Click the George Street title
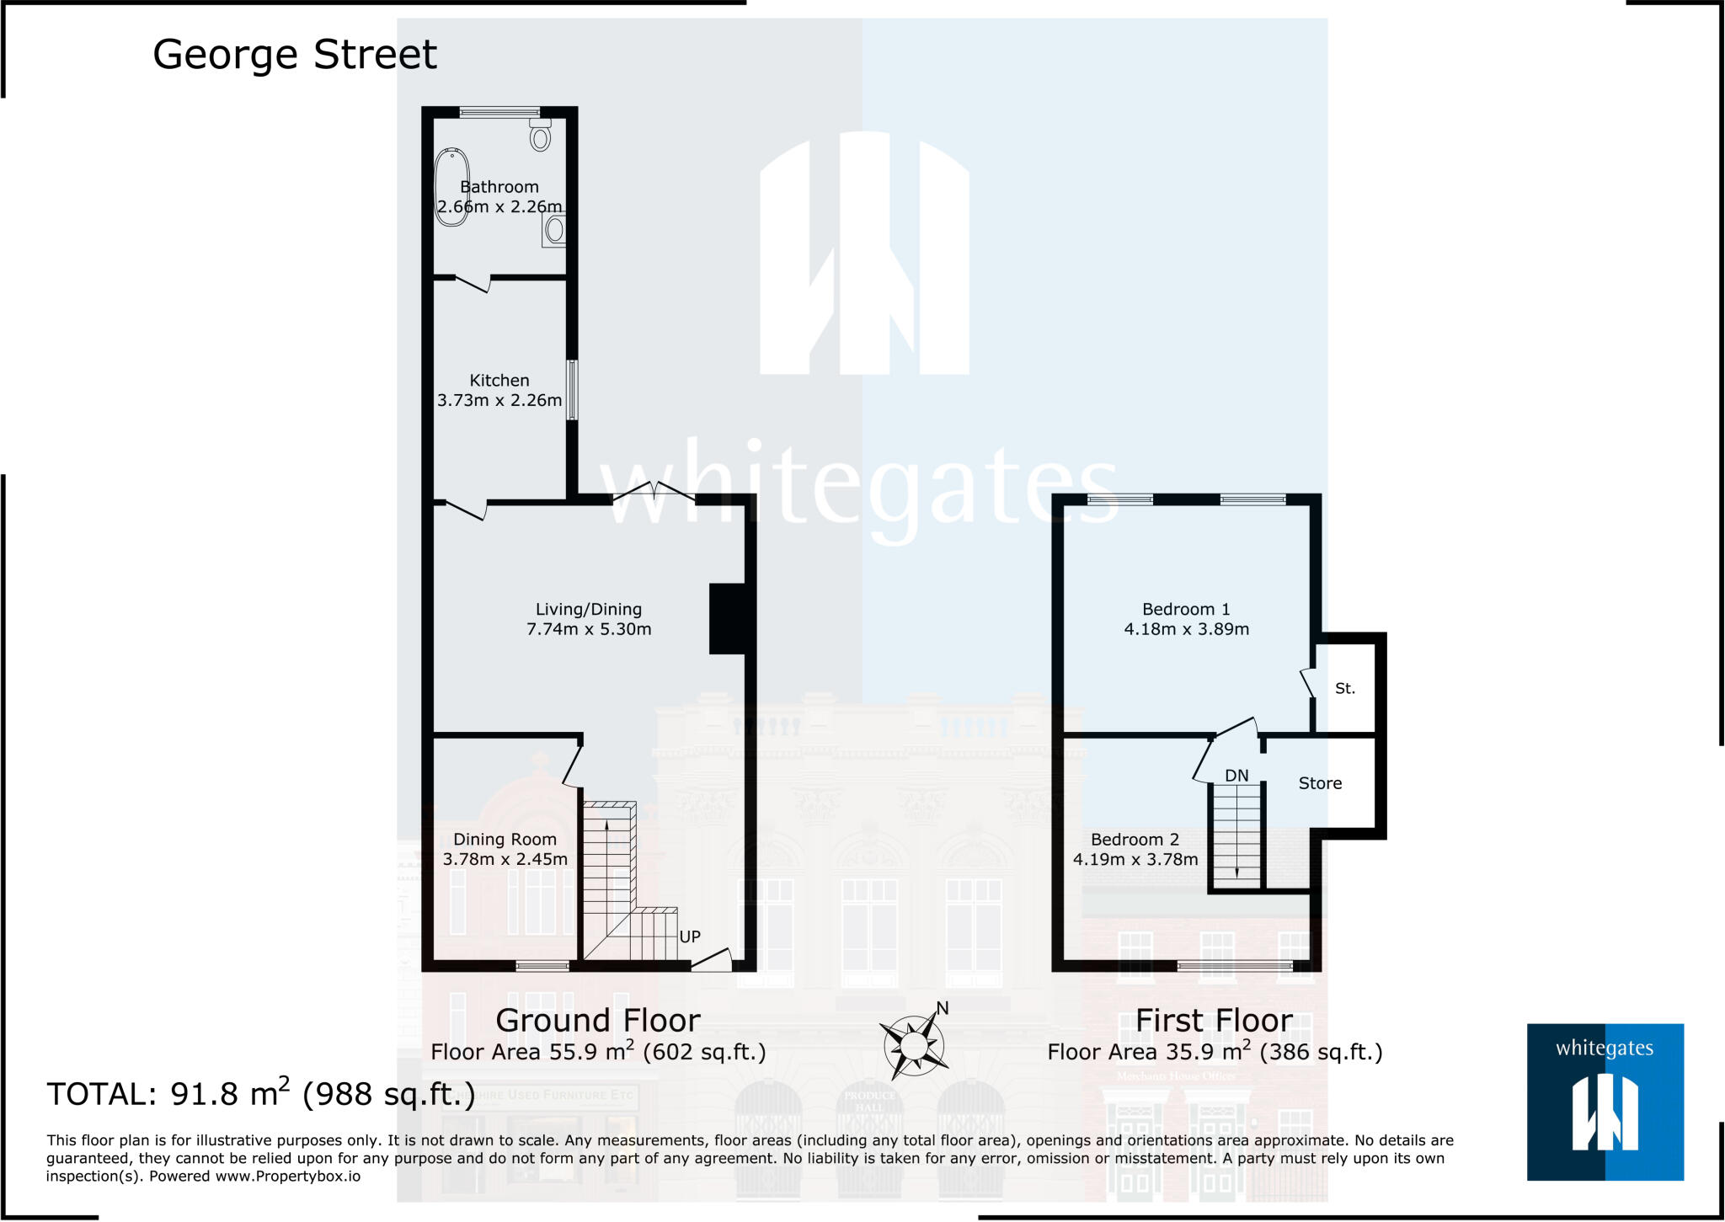[294, 55]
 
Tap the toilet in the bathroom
[540, 136]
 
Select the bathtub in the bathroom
[451, 187]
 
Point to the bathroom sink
[554, 229]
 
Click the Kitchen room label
[499, 381]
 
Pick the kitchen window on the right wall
[572, 390]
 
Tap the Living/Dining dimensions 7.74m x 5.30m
[589, 629]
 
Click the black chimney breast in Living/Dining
[727, 619]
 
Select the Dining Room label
[505, 840]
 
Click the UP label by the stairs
[690, 937]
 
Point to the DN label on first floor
[1236, 776]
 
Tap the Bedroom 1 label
[1186, 609]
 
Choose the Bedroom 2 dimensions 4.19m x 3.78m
[1135, 860]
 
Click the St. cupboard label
[1345, 688]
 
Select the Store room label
[1320, 783]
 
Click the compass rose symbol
[913, 1045]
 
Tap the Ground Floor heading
[597, 1021]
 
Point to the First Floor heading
[1214, 1021]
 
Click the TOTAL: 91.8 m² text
[261, 1094]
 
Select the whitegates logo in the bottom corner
[1605, 1102]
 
